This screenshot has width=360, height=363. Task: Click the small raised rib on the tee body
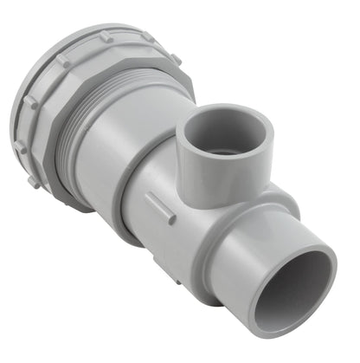[x=159, y=207]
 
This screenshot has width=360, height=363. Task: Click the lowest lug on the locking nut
[x=33, y=182]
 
